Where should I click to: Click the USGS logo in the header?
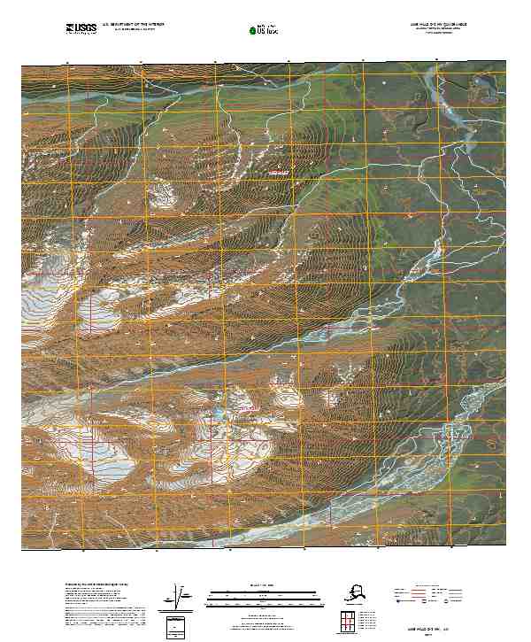pos(81,28)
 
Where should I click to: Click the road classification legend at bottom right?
pos(429,594)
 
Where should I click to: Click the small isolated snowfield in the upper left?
pos(161,193)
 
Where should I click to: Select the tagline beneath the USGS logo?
pos(81,35)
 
